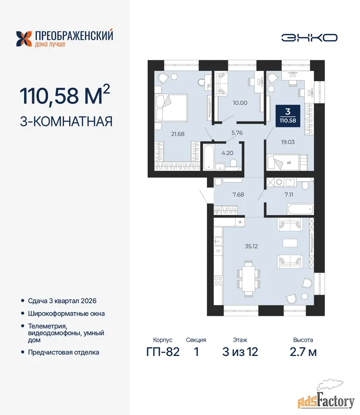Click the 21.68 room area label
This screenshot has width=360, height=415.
click(x=178, y=134)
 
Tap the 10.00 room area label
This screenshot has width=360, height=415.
click(x=240, y=103)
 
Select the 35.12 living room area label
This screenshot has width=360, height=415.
click(x=251, y=246)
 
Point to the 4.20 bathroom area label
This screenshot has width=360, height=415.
click(x=227, y=153)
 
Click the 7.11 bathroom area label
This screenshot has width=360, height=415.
click(x=289, y=195)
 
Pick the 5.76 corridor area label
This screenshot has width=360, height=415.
click(x=237, y=133)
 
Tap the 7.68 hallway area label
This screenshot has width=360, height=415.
click(x=238, y=195)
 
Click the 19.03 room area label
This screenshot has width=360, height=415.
click(x=288, y=142)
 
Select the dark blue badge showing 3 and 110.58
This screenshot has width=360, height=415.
click(x=288, y=116)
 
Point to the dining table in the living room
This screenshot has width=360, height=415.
click(x=248, y=279)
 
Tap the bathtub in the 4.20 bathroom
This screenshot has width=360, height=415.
click(x=209, y=157)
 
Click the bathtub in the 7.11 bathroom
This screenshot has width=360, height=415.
click(x=300, y=209)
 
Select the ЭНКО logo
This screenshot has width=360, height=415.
click(x=309, y=38)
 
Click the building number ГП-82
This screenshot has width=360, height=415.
click(x=163, y=352)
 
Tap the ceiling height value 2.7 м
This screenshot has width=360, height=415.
click(x=303, y=352)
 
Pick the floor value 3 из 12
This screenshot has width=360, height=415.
click(x=240, y=352)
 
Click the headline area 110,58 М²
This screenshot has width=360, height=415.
click(x=65, y=95)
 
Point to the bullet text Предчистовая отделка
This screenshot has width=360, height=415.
click(x=64, y=352)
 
